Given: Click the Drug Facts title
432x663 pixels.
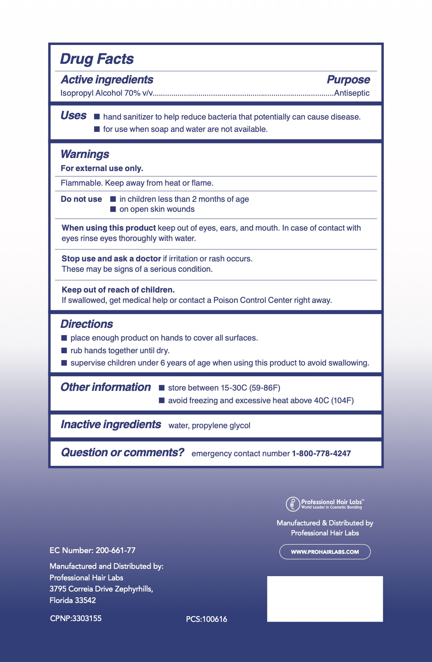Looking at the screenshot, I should tap(97, 59).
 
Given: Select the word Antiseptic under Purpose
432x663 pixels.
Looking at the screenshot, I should tap(352, 93).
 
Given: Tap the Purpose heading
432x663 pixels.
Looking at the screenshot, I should tap(348, 80).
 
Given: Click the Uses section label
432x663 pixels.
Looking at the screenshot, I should tap(73, 115).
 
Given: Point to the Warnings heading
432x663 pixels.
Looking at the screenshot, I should tap(85, 154).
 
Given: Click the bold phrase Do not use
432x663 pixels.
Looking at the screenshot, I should tap(81, 199).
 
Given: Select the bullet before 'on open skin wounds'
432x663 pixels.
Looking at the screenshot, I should tap(113, 209).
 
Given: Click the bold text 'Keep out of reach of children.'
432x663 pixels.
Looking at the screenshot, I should tap(118, 290).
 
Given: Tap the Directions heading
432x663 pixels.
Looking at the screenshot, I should tap(87, 324).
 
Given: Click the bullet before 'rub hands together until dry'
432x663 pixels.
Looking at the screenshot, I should tap(64, 351).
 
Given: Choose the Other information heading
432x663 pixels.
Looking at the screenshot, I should tap(106, 387).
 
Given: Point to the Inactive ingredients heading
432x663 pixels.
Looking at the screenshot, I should tap(111, 424).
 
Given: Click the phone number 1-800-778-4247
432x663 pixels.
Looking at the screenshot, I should tap(321, 454).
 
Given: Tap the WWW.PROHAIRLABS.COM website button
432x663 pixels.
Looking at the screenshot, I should tap(325, 552).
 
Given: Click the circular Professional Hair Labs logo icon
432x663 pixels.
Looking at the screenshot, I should tap(293, 504).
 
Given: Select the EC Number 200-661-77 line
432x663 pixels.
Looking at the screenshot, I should tap(93, 550).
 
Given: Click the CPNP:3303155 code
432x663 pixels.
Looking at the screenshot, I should tap(76, 618).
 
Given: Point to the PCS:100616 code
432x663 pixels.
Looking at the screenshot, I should tap(207, 619).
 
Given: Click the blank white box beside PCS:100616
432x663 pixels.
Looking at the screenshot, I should tap(325, 598).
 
